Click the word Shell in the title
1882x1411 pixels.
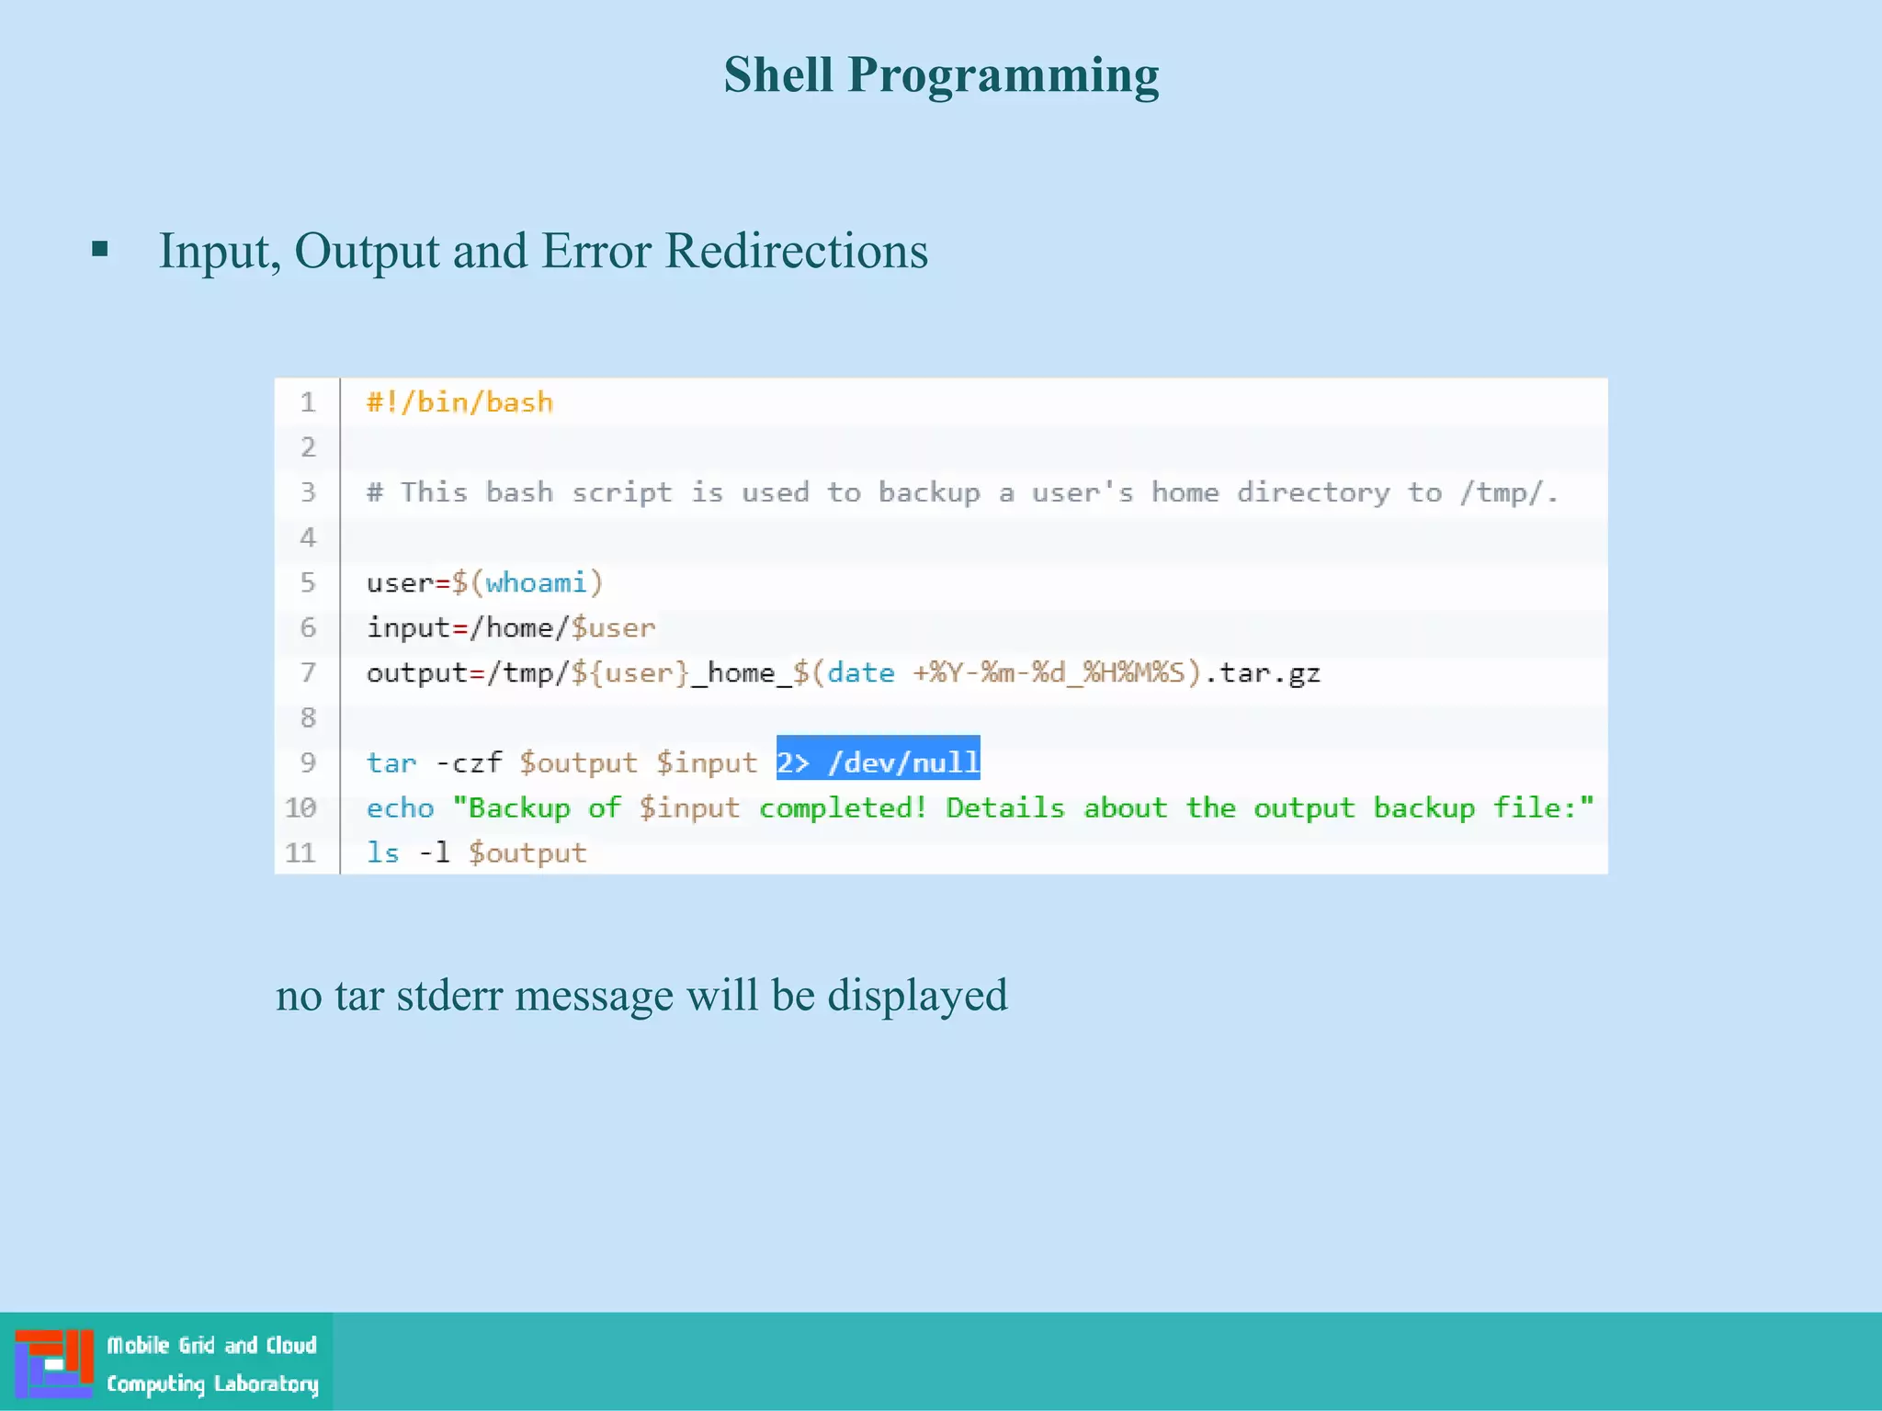click(777, 74)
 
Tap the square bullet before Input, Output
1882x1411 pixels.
click(100, 249)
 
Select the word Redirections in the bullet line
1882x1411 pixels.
click(796, 251)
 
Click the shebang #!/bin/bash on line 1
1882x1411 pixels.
click(459, 402)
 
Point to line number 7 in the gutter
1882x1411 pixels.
click(308, 672)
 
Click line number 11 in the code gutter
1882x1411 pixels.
click(300, 852)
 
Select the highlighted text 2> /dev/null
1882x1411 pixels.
click(878, 762)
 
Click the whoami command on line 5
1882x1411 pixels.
click(536, 582)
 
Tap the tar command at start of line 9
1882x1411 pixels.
click(391, 762)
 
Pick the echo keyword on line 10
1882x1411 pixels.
click(400, 807)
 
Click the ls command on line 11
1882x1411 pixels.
click(382, 852)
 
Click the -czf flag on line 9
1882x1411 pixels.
click(469, 762)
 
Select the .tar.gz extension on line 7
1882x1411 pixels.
click(1262, 672)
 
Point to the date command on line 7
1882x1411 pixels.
click(860, 672)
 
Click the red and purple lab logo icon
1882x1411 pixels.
click(54, 1362)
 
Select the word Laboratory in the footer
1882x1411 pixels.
click(266, 1383)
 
